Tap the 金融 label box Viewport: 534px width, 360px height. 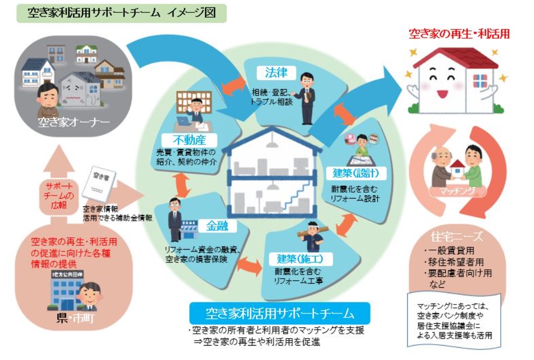(217, 227)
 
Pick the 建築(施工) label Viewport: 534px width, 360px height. (293, 259)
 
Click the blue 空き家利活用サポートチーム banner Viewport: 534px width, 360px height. (280, 313)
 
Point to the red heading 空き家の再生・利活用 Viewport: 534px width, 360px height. (459, 34)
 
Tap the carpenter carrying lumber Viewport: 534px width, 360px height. (313, 238)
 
